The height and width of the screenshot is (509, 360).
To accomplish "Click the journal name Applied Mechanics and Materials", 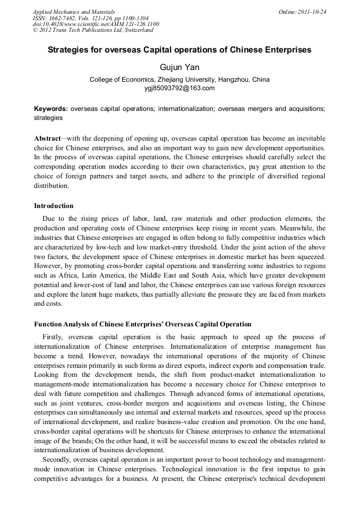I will [73, 12].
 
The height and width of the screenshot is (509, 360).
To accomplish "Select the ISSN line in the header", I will [90, 18].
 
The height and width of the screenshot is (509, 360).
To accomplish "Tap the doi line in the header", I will [96, 24].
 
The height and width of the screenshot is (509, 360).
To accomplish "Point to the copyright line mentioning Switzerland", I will [93, 30].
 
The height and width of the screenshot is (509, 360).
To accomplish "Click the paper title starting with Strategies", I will [179, 50].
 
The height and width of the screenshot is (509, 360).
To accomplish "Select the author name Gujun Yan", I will [179, 68].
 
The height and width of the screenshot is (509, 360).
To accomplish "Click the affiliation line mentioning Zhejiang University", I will [179, 80].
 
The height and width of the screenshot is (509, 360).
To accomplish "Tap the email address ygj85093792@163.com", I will [179, 88].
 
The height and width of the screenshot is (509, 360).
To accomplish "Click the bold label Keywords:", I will [51, 109].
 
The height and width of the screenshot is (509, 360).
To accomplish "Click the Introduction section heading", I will [54, 206].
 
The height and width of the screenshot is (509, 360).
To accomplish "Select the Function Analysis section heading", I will [142, 324].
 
